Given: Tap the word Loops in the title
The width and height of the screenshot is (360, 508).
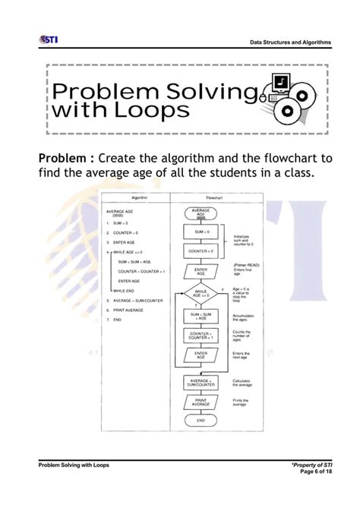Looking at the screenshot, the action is (150, 111).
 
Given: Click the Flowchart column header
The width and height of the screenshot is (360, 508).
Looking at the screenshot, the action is (201, 197).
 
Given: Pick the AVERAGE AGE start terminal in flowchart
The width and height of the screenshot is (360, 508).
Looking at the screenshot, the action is (201, 213).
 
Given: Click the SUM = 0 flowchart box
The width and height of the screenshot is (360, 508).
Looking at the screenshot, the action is (201, 232).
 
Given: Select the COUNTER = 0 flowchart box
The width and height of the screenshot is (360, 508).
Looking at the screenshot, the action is (201, 251).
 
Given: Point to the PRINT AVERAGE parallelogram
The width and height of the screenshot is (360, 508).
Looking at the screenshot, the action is (201, 402).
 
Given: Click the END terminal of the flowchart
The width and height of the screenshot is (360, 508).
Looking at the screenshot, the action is (201, 420).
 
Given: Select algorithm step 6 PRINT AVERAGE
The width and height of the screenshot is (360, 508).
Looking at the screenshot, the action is (130, 311).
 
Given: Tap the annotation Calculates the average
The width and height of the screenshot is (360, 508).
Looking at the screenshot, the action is (243, 383).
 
